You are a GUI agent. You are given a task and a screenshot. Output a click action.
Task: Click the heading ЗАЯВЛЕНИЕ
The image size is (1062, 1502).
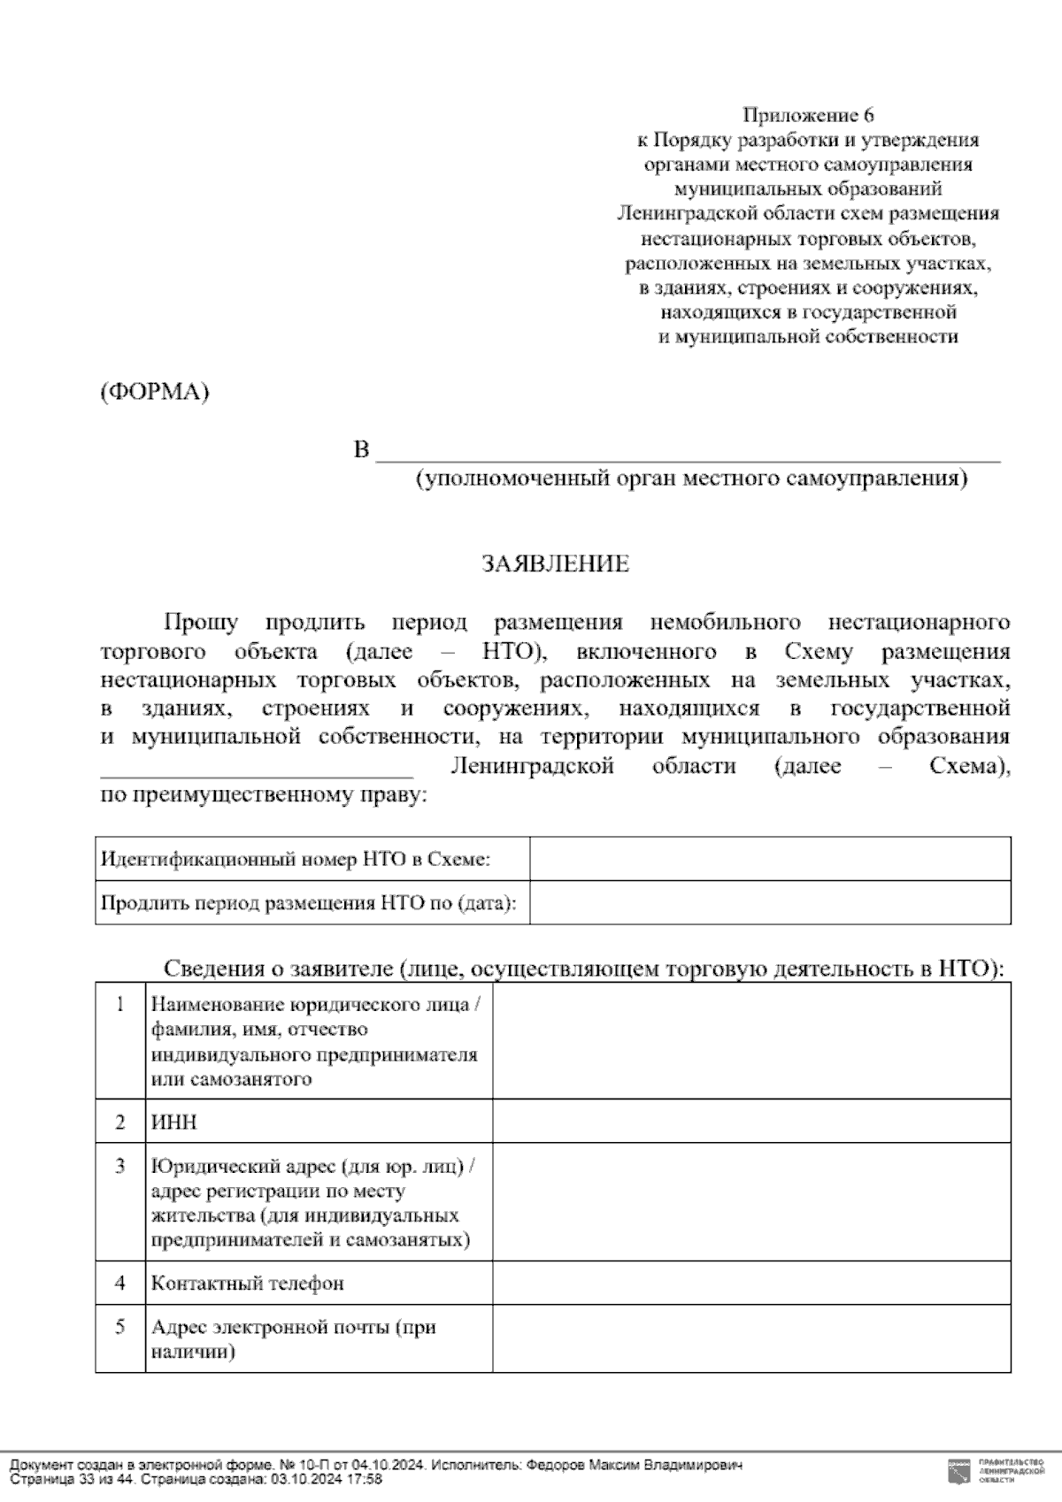(x=555, y=564)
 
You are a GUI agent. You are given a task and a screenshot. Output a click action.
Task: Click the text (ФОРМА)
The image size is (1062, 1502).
(x=155, y=392)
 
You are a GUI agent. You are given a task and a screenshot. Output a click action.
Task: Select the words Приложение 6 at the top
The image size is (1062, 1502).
(x=808, y=115)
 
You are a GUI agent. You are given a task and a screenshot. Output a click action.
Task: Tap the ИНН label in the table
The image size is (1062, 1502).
(x=174, y=1123)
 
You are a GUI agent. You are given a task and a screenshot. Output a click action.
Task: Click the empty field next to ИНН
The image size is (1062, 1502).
(x=751, y=1122)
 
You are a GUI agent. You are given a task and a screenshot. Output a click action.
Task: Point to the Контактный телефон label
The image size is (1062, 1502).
(x=248, y=1283)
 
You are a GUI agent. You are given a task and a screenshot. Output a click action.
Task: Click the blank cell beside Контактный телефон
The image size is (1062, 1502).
(x=751, y=1283)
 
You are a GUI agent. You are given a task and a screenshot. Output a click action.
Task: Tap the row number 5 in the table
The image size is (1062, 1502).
(x=120, y=1327)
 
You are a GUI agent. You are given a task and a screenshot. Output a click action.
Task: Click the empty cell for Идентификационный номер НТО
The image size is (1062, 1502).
(x=770, y=859)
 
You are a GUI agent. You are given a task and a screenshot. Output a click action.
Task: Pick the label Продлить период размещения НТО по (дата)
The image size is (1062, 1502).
(x=309, y=903)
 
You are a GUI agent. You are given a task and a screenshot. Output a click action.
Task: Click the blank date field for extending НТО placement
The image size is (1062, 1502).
(x=770, y=903)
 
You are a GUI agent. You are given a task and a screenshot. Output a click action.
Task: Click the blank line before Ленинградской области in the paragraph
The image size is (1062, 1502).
(x=257, y=768)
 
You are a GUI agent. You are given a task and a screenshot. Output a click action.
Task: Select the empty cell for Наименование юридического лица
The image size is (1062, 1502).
(x=751, y=1041)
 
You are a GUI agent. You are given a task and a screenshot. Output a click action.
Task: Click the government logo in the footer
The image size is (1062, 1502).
(x=958, y=1472)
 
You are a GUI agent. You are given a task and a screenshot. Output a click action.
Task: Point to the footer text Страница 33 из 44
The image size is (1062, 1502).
(x=72, y=1479)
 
